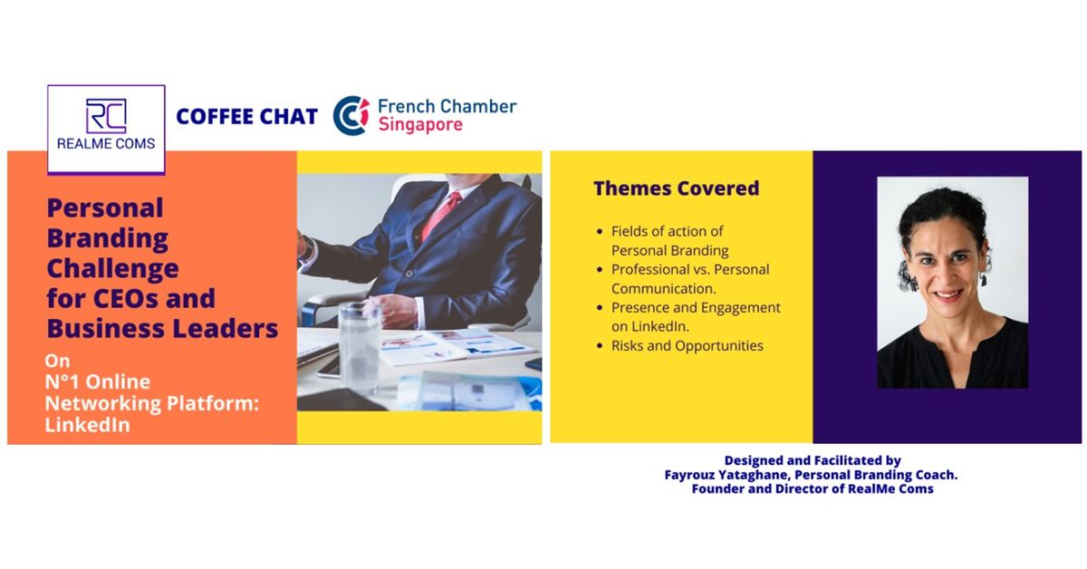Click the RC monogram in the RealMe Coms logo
[x=106, y=116]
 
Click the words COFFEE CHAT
[x=246, y=117]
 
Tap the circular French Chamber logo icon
[x=351, y=116]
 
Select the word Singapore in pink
[x=419, y=124]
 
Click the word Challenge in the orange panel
[x=112, y=269]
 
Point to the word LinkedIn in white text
[x=87, y=425]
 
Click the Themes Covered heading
[x=676, y=188]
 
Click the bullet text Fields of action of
[x=668, y=231]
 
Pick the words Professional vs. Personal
[x=690, y=269]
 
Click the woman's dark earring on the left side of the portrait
[x=903, y=274]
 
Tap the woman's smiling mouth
[x=948, y=296]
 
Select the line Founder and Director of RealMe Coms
[x=812, y=489]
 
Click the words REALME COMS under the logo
[x=106, y=144]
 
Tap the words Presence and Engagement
[x=696, y=307]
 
